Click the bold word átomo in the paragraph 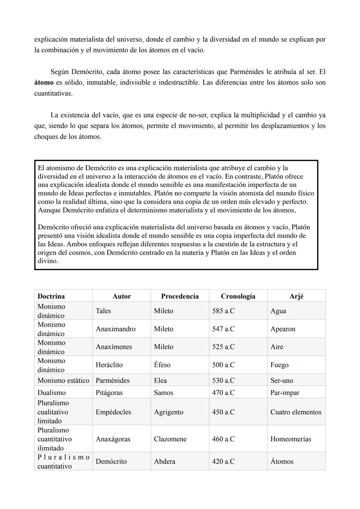click(x=44, y=83)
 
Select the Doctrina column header click(x=51, y=296)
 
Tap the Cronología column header click(x=238, y=296)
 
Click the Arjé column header click(x=296, y=296)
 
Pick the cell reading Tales click(x=103, y=311)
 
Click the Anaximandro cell click(x=116, y=329)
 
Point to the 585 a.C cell click(x=223, y=311)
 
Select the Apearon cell click(x=283, y=329)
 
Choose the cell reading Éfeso click(x=162, y=365)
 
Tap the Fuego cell click(x=279, y=365)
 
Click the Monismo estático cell click(x=63, y=381)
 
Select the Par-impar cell click(x=285, y=393)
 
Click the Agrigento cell click(x=168, y=412)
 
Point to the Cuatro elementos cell click(x=296, y=412)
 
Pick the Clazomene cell click(x=170, y=439)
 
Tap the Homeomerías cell click(x=291, y=439)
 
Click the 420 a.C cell click(x=223, y=462)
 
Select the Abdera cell click(x=165, y=462)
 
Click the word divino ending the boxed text click(x=48, y=261)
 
